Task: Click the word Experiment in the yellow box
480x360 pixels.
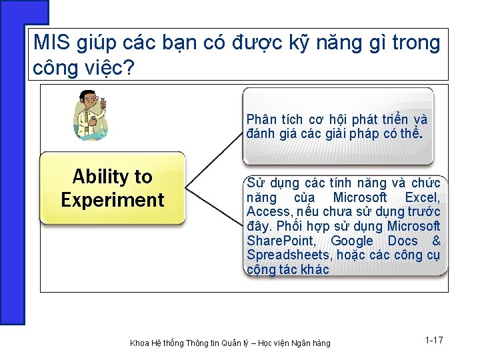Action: (x=112, y=200)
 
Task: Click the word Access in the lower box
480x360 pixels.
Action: (x=265, y=212)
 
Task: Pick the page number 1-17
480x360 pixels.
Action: (x=434, y=341)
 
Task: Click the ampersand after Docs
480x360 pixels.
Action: (x=436, y=241)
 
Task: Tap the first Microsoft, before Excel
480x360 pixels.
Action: (x=359, y=197)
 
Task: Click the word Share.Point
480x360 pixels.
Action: (x=277, y=241)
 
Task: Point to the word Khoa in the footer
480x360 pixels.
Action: (x=140, y=343)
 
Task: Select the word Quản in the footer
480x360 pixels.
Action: (x=241, y=343)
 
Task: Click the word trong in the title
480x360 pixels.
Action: (x=416, y=43)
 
